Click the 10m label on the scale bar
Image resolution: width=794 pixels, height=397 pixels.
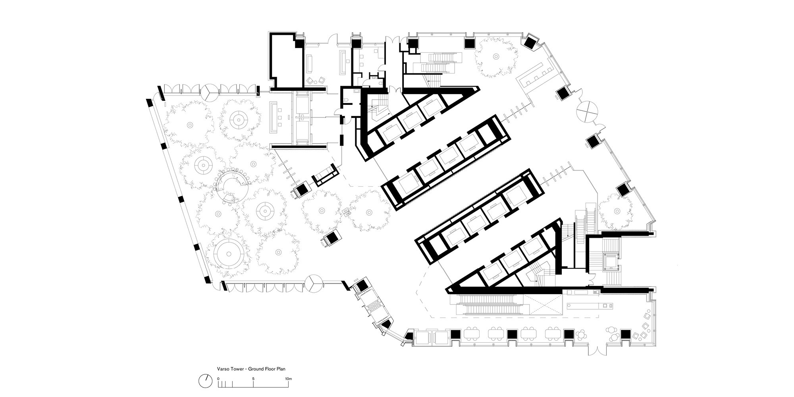[289, 379]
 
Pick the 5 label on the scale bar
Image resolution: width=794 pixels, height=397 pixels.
[253, 379]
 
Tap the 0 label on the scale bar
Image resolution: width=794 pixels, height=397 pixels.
[218, 379]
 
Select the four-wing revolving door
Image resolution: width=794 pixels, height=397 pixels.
[587, 111]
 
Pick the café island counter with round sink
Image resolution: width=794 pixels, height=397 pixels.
[589, 306]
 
